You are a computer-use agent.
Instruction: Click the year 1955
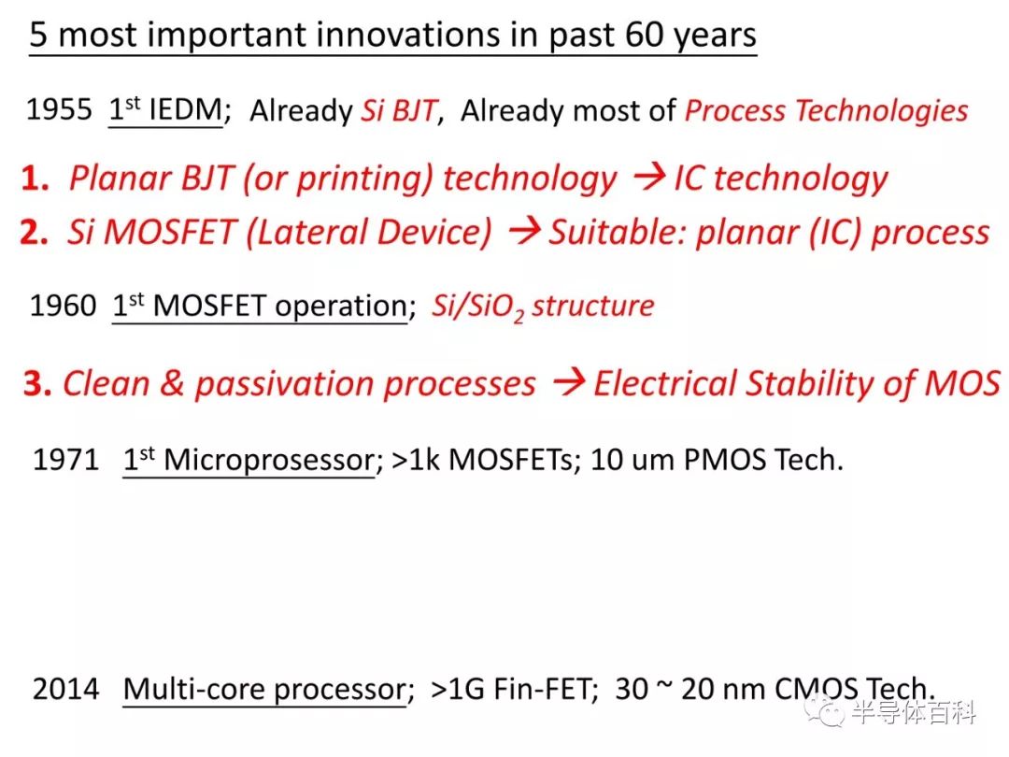click(59, 109)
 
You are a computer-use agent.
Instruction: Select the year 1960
click(64, 305)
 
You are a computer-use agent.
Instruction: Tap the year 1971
click(65, 460)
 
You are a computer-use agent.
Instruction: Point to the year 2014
click(65, 689)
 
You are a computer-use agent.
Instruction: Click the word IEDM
click(185, 109)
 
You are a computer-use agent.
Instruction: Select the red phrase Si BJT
click(400, 110)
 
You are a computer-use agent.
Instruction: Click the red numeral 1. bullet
click(36, 178)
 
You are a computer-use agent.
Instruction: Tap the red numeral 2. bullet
click(35, 232)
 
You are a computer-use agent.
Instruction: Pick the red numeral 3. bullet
click(37, 384)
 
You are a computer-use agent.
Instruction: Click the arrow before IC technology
click(649, 177)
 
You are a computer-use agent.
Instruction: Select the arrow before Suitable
click(524, 232)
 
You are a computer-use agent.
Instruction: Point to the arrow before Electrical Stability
click(569, 382)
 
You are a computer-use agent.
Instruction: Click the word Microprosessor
click(269, 460)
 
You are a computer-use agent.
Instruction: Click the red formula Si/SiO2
click(477, 307)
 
